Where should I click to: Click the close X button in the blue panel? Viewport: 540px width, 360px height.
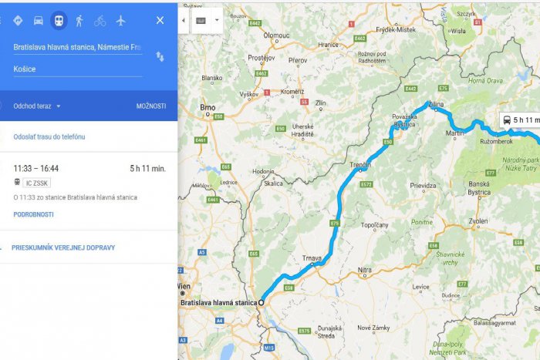pos(160,20)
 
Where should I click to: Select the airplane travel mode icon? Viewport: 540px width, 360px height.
pos(120,20)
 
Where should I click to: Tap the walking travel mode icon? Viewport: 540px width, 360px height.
pos(79,20)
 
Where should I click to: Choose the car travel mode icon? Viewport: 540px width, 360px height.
pos(38,20)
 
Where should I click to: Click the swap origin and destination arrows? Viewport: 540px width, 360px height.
pos(160,56)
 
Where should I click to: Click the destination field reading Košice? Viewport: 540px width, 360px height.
pos(77,69)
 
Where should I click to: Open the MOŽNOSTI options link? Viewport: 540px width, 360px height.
pos(151,106)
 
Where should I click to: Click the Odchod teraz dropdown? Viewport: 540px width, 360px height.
pos(37,106)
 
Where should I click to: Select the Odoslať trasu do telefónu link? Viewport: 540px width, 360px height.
pos(49,136)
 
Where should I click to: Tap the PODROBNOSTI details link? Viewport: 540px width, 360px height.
pos(33,214)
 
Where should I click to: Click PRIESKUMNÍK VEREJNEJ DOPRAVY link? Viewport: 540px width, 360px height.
pos(63,247)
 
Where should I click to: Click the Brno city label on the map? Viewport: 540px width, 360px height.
pos(207,107)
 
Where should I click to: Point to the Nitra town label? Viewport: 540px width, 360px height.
pos(365,269)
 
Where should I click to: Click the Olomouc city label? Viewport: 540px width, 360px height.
pos(276,35)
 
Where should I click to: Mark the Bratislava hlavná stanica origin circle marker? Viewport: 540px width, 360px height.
pos(262,303)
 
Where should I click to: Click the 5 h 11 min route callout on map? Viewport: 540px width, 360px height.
pos(520,120)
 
